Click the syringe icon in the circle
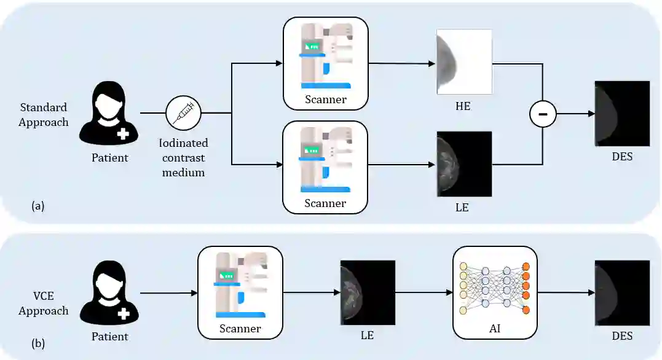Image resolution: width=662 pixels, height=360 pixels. tap(184, 114)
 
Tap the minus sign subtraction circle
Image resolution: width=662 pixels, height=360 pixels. tap(543, 114)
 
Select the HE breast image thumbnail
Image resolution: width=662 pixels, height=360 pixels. tap(463, 61)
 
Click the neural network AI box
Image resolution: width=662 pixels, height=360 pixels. tap(495, 292)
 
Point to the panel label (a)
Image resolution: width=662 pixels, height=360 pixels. tap(38, 206)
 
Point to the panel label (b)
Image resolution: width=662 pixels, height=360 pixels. tap(38, 342)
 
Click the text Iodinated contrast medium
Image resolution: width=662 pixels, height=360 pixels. tap(184, 158)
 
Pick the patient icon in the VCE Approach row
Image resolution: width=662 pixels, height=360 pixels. tap(111, 293)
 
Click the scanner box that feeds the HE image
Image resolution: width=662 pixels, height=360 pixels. tap(325, 64)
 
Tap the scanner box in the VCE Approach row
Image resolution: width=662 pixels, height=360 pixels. tap(240, 292)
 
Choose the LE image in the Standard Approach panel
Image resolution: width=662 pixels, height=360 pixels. tap(463, 164)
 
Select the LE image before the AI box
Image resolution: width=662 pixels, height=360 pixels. tap(368, 292)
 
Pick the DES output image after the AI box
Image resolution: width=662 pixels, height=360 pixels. tap(622, 292)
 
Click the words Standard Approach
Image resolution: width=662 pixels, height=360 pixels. tap(43, 115)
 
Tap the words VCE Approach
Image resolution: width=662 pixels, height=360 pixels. tap(43, 303)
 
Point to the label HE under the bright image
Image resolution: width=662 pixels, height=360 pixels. tap(463, 106)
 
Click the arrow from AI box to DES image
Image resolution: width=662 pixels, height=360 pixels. tap(565, 293)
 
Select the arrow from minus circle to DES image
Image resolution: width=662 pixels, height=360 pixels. tap(575, 114)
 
